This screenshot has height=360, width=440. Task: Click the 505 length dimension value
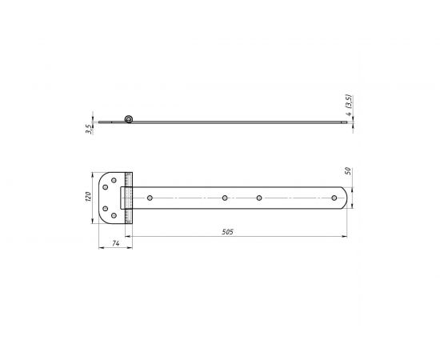coord(227,232)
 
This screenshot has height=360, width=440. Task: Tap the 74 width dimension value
coord(116,243)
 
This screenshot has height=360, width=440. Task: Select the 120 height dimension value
coord(88,197)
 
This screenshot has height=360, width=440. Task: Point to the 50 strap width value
coord(348,171)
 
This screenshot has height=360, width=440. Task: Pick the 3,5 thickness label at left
coord(89,129)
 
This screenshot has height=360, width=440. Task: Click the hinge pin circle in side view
coord(129,119)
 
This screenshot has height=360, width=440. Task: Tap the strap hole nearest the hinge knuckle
coord(150,198)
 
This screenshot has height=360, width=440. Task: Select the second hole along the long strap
coord(225,198)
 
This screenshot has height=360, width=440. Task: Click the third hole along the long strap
coord(259,198)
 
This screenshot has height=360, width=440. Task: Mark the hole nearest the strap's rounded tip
coord(334,198)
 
